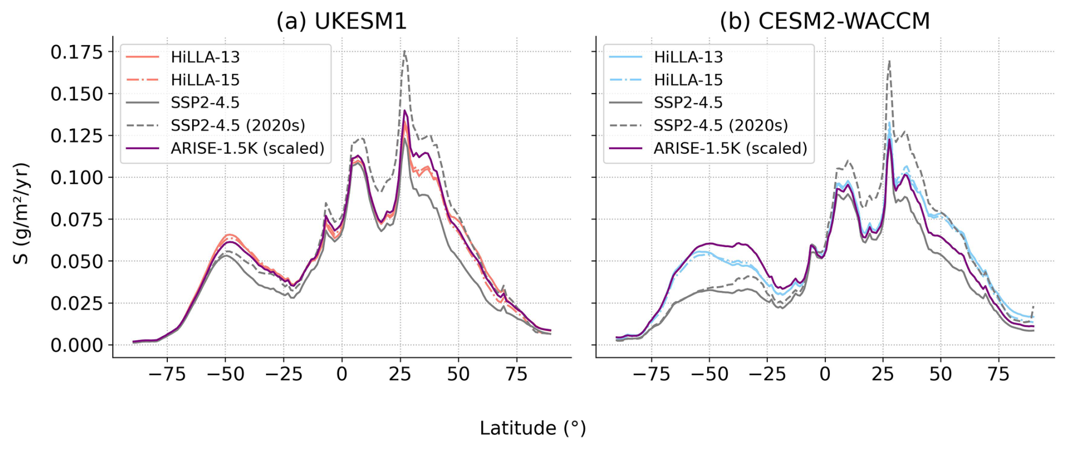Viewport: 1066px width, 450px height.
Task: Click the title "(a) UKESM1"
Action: tap(341, 21)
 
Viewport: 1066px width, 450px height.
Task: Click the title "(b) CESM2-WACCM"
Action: tap(824, 21)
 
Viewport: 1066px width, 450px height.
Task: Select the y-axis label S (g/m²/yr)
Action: tap(21, 213)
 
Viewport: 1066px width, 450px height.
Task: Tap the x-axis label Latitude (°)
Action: tap(532, 428)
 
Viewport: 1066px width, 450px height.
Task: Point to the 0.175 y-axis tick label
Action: tap(77, 52)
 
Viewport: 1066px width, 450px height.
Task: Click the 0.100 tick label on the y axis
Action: tap(77, 178)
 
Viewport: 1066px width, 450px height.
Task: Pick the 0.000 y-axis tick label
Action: tap(77, 345)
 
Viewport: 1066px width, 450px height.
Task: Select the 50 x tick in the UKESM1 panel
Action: tap(458, 374)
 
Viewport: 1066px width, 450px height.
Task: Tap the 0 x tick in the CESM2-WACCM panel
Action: tap(825, 374)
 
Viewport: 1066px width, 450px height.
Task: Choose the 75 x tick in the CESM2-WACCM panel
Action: tap(999, 374)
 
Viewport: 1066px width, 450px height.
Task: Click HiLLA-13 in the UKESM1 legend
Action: tap(205, 57)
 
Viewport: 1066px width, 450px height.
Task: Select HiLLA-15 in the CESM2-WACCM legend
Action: tap(688, 80)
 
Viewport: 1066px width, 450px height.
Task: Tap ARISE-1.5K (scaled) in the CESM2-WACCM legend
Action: tap(730, 148)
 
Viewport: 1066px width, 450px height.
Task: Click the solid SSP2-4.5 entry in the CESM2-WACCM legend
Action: tap(688, 103)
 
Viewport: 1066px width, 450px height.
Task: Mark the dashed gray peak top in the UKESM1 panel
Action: tap(405, 51)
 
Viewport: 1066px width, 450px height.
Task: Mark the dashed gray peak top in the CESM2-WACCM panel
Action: tap(889, 61)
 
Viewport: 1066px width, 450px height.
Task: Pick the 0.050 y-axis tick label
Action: tap(77, 261)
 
